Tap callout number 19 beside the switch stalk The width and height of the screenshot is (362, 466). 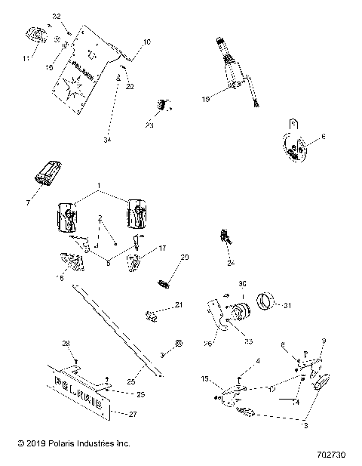(206, 97)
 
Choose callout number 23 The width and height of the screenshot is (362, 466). (149, 125)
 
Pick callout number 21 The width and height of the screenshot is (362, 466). (178, 305)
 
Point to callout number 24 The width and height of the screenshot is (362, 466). (231, 263)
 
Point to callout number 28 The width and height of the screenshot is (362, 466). (66, 344)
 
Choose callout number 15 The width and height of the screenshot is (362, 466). (204, 378)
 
